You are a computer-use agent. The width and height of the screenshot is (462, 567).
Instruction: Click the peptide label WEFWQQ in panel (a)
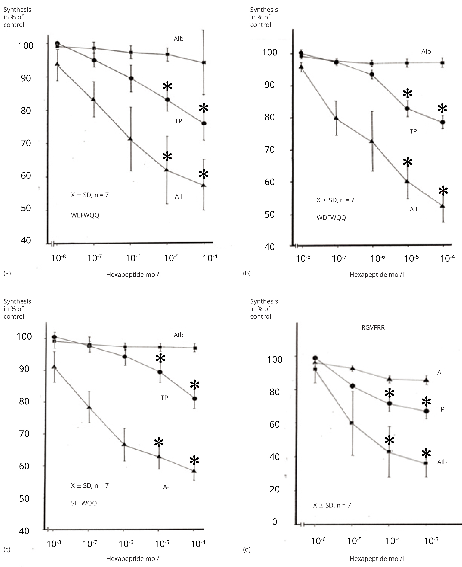85,215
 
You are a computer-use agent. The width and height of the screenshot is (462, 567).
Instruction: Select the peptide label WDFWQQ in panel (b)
331,218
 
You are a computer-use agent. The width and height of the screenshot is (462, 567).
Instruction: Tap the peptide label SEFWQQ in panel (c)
84,503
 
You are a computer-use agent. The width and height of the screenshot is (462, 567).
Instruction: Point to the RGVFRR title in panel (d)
373,328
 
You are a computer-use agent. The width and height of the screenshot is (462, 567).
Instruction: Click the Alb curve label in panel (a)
179,39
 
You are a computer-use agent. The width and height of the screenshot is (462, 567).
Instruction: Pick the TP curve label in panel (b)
413,131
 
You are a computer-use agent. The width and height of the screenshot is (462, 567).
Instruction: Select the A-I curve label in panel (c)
167,487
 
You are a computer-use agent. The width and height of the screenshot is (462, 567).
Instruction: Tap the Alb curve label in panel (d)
442,462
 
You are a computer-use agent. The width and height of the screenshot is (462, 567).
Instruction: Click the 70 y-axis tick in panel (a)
26,143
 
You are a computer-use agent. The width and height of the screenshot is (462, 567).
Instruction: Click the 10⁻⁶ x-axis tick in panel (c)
126,544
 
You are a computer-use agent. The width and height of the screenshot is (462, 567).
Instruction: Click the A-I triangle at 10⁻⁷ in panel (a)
93,100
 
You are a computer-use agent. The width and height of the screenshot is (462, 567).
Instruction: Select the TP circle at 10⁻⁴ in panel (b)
443,122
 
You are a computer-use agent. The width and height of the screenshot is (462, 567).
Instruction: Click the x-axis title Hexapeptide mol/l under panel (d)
376,559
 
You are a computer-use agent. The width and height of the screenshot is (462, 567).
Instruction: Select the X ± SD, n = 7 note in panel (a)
90,195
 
